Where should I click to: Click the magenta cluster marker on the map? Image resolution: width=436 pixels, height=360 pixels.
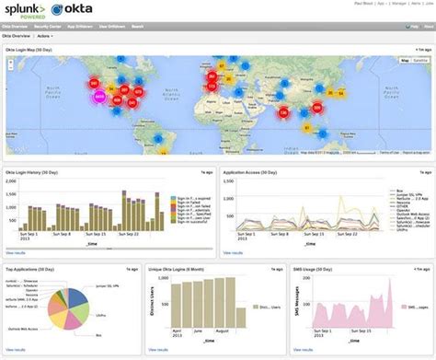click(x=100, y=94)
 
